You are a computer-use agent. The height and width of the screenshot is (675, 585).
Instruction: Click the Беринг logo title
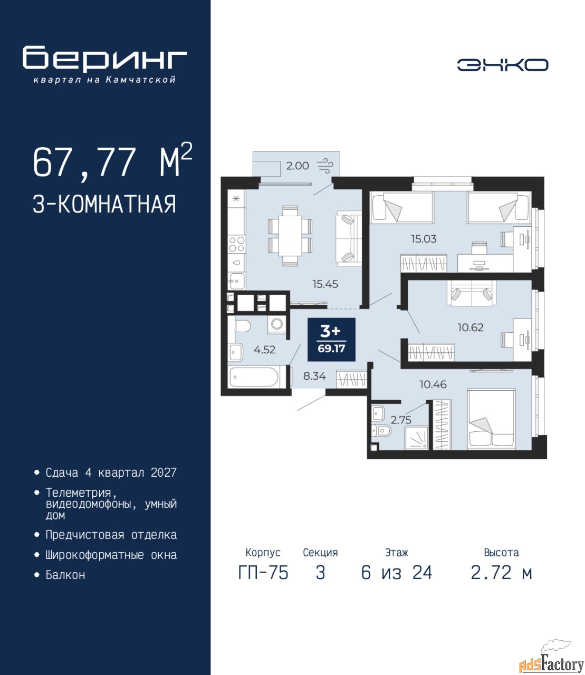coord(104,58)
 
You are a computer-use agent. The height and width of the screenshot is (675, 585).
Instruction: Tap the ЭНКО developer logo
coord(503,65)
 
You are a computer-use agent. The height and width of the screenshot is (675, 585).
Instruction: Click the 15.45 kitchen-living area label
coord(325,284)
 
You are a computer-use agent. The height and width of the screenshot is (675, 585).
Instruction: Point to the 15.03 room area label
coord(424,239)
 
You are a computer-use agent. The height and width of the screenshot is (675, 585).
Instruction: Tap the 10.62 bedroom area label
coord(471,327)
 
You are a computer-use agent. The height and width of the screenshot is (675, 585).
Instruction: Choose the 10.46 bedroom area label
coord(433,384)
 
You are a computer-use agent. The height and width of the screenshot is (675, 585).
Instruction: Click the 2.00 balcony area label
coord(298,166)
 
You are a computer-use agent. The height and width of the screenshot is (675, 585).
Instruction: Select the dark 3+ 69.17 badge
coord(331,339)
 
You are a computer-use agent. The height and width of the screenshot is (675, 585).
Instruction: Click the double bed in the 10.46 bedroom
coord(492,419)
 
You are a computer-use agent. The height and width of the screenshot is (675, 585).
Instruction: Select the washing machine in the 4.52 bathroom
coord(277,325)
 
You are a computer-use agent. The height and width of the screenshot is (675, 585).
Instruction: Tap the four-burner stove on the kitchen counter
coord(237,244)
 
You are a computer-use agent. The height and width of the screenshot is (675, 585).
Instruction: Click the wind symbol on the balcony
coord(325,166)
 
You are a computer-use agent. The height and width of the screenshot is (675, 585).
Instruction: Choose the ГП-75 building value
coord(263,573)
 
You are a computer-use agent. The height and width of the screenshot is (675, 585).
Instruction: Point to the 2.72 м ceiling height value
coord(501,573)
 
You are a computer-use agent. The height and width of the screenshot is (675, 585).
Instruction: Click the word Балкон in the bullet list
coord(65,575)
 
